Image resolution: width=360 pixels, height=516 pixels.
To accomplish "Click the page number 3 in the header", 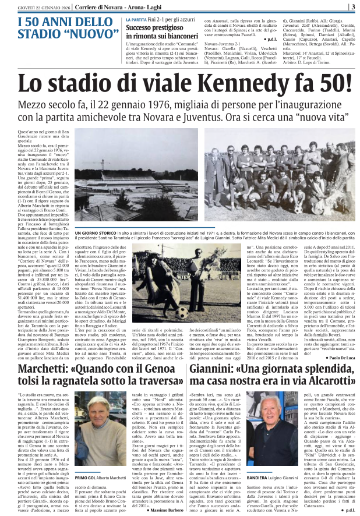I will coord(353,7).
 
